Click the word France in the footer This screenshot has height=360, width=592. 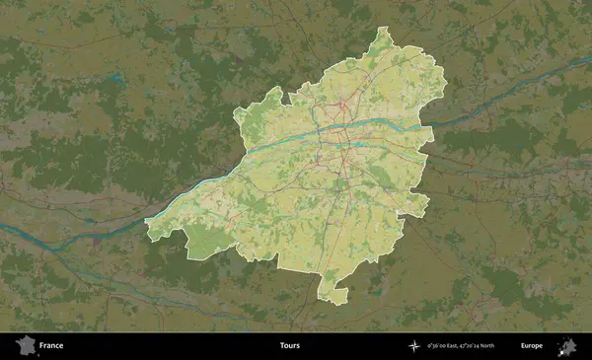point(51,346)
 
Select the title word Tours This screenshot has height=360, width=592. point(290,346)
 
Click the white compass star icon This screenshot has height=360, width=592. point(414,346)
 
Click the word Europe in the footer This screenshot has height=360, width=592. point(532,346)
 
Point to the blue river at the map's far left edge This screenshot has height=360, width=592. point(8,229)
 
